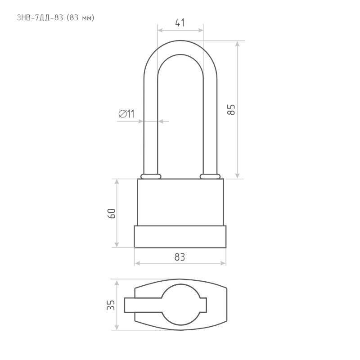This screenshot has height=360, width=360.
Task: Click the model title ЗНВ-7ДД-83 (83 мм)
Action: tap(55, 18)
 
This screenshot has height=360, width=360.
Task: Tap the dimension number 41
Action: tap(180, 23)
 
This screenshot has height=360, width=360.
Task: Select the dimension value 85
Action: tap(231, 110)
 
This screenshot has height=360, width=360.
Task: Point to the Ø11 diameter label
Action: tap(126, 114)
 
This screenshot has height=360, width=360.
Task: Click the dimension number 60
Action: tap(112, 213)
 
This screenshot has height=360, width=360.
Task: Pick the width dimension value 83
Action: tap(180, 257)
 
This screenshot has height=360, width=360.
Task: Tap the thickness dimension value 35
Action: tap(111, 305)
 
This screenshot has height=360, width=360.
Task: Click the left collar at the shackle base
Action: tap(151, 176)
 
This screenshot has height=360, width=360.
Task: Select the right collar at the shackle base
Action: tap(210, 176)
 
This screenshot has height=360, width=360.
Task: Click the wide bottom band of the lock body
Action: tap(180, 237)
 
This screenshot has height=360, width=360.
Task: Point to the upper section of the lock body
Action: tap(180, 202)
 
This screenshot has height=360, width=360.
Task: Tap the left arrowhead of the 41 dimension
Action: tap(160, 30)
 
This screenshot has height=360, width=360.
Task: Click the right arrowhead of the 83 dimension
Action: tap(223, 263)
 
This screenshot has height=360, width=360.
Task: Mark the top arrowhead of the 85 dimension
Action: tap(238, 44)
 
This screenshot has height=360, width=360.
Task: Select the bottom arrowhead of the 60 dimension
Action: tap(117, 245)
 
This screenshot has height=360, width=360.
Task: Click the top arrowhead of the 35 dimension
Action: tap(117, 283)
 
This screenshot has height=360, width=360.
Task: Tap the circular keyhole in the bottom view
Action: tap(181, 305)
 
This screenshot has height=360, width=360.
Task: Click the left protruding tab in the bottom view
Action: tap(143, 305)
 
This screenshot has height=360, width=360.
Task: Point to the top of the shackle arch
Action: tap(180, 47)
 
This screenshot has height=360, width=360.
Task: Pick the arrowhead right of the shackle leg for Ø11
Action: tap(161, 121)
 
